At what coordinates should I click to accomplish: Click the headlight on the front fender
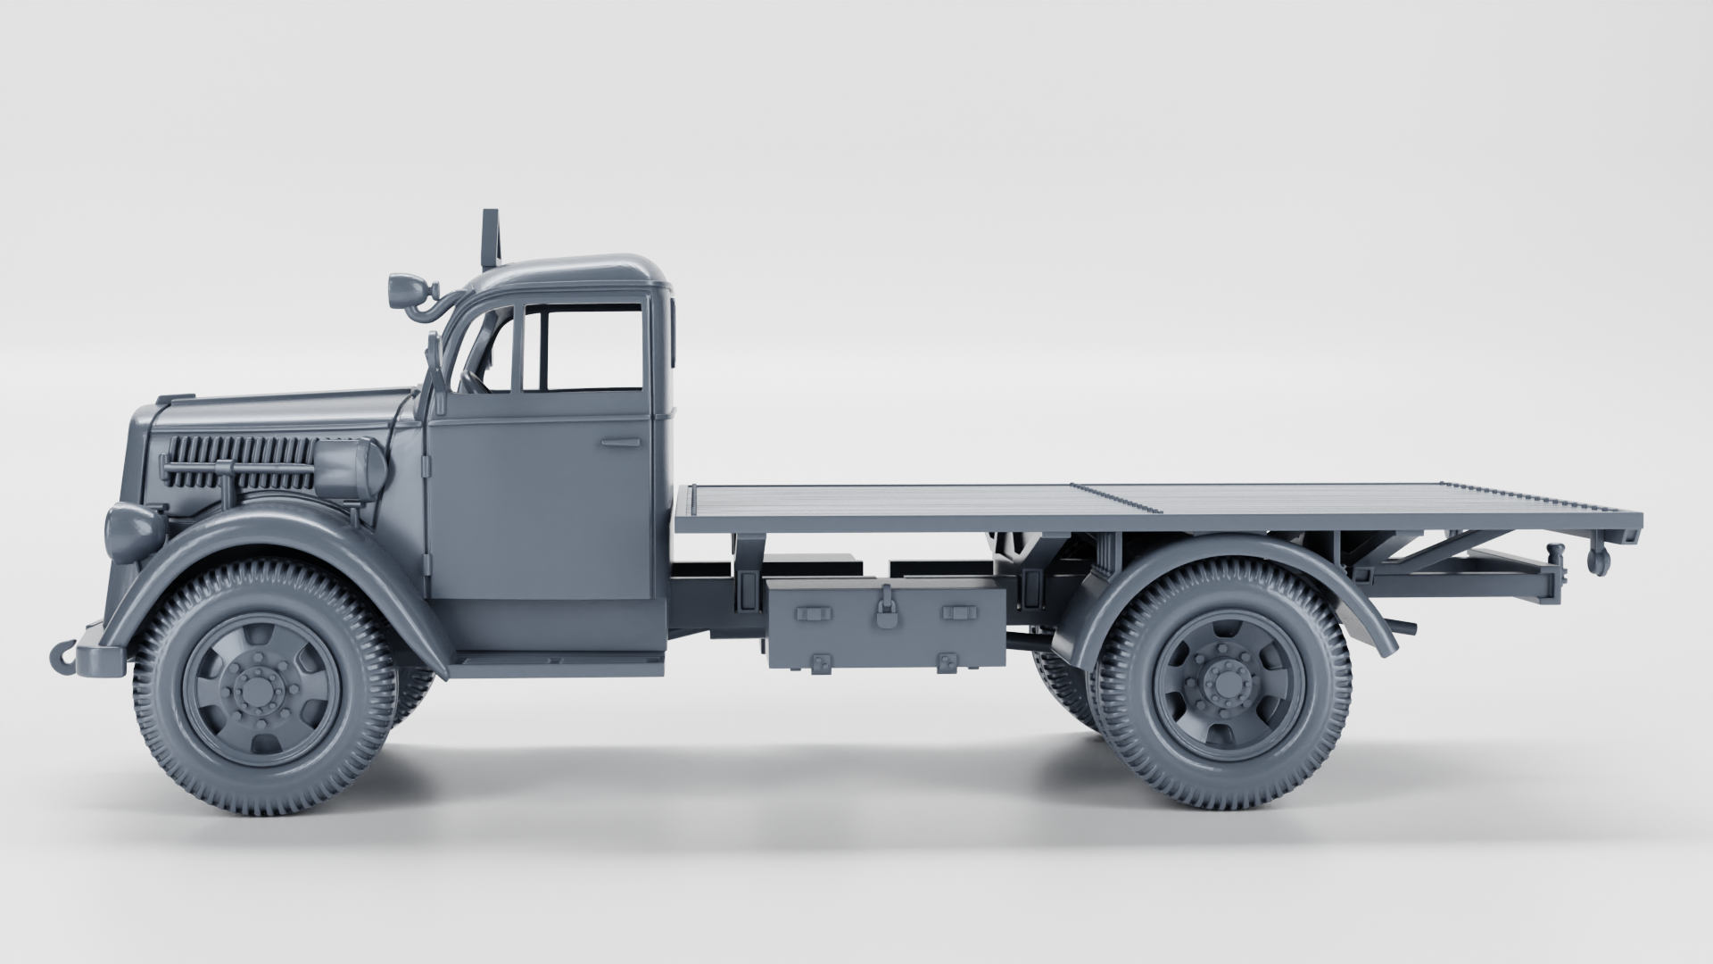[132, 531]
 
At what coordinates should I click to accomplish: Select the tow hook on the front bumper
[63, 657]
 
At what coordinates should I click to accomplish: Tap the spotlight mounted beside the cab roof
[404, 288]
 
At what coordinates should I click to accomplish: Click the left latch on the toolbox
[812, 613]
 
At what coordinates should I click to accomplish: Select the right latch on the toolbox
[959, 613]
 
